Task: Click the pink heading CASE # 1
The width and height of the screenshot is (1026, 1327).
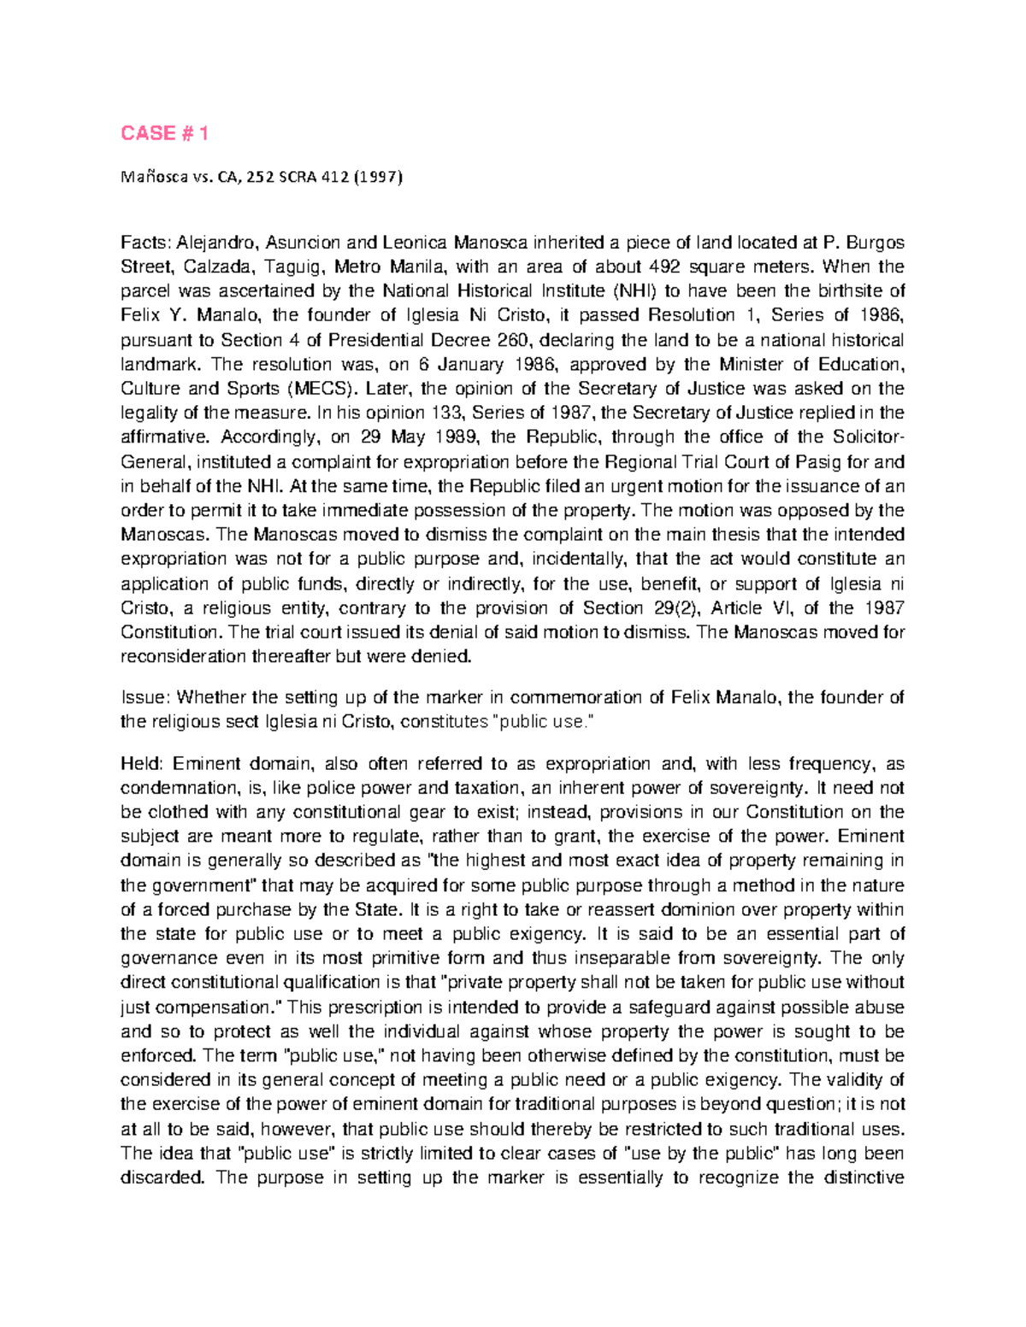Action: (164, 133)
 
